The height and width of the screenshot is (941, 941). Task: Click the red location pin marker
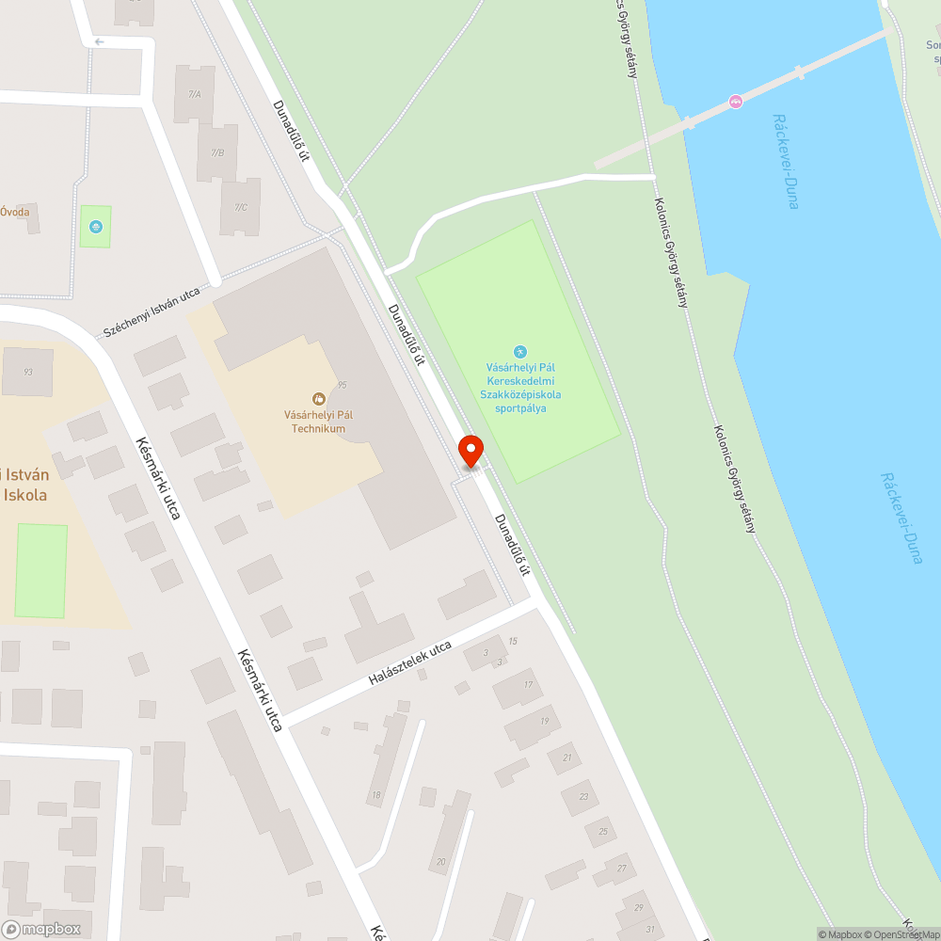click(x=470, y=450)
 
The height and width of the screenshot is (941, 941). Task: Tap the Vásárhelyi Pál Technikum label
click(x=318, y=420)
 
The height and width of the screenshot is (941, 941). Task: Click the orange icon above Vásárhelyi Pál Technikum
click(x=318, y=399)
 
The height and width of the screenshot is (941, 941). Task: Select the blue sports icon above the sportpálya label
click(x=519, y=352)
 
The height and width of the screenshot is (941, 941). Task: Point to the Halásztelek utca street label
click(x=410, y=662)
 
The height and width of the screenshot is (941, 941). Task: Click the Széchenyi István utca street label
click(x=151, y=311)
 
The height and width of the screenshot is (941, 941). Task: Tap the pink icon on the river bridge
click(x=735, y=101)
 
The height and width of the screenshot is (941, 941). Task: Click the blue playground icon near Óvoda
click(x=95, y=226)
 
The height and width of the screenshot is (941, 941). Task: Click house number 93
click(x=28, y=372)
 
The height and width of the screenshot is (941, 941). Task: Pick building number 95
click(x=343, y=385)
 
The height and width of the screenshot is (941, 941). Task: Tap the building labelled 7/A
click(x=195, y=94)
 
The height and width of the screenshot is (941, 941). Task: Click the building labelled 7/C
click(x=240, y=207)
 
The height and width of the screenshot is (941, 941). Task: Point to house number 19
click(x=544, y=721)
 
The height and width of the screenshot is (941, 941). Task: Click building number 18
click(x=376, y=796)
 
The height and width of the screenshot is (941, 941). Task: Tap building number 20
click(x=442, y=861)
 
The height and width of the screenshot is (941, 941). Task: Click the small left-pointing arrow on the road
click(x=100, y=41)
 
